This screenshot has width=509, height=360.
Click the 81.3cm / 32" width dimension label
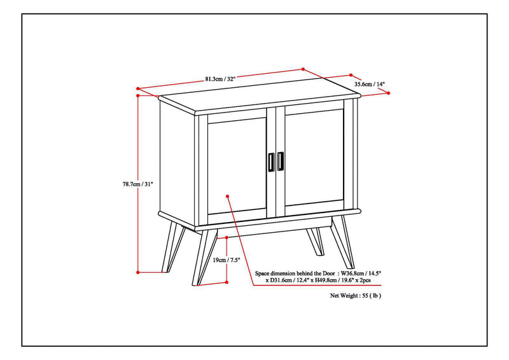click(x=220, y=78)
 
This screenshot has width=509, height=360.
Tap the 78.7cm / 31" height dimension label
click(x=138, y=184)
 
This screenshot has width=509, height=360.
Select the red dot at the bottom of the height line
click(x=138, y=272)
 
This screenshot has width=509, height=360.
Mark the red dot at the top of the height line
click(x=138, y=95)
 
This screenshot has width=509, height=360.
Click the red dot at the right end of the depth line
click(x=388, y=92)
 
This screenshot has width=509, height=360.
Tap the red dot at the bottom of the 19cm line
click(x=227, y=282)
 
